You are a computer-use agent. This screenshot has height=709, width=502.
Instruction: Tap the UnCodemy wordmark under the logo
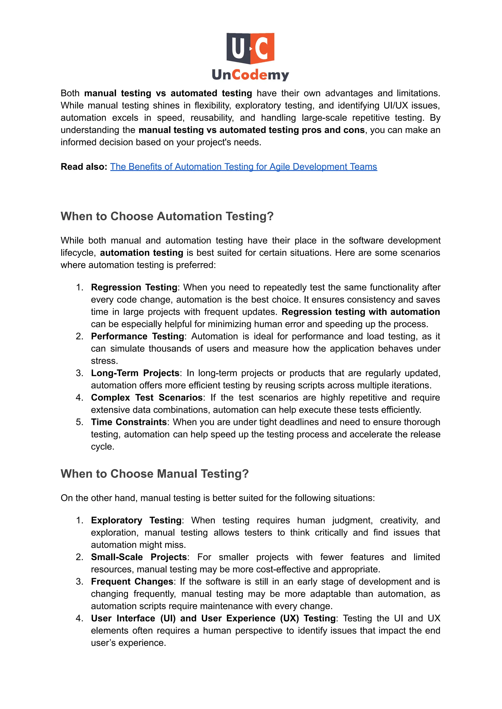point(250,75)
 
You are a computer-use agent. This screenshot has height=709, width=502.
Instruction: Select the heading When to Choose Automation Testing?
point(167,216)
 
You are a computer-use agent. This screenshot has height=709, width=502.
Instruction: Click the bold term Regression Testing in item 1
point(134,287)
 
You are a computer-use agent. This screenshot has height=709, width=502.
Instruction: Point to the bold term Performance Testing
point(137,336)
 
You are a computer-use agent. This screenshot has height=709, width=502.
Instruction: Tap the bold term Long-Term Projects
point(135,373)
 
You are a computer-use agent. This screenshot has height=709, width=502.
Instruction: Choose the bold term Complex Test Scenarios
point(147,398)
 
